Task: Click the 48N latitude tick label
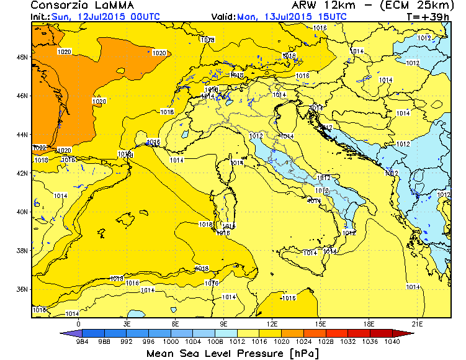22,57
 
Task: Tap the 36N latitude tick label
22,289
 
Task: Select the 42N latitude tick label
22,173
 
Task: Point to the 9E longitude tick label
224,323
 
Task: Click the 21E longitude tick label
418,323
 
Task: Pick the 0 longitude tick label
79,323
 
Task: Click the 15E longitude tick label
321,323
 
